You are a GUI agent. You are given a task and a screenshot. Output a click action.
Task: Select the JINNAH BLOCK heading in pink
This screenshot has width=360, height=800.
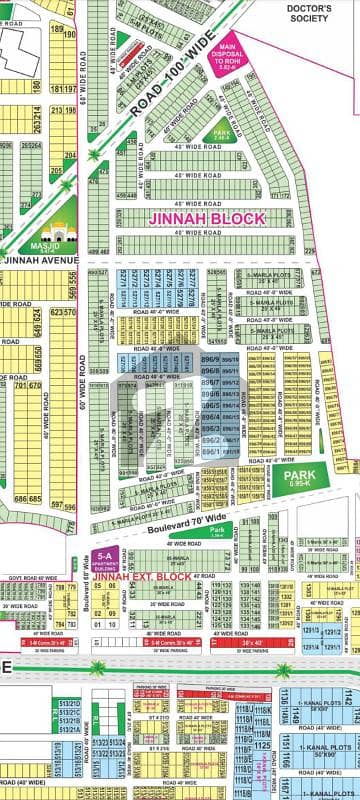tap(208, 217)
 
